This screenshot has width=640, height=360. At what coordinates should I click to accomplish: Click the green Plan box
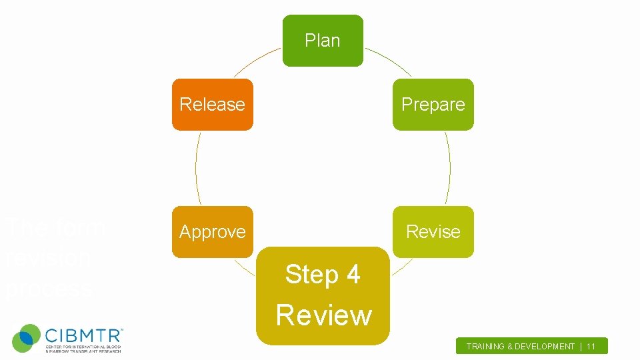point(323,41)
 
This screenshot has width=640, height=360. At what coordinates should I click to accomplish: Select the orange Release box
point(213,105)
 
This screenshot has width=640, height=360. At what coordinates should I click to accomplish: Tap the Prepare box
point(433,105)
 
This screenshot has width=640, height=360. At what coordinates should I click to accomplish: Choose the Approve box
point(213,231)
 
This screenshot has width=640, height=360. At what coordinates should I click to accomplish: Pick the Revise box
point(433,231)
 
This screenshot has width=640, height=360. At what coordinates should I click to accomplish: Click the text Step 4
point(323,274)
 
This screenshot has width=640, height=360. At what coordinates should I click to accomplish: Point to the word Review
point(323,315)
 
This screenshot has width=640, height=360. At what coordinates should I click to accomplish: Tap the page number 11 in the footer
point(591,347)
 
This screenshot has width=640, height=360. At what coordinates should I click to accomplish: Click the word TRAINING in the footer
point(486,347)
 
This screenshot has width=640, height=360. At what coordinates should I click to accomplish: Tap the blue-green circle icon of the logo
point(26,338)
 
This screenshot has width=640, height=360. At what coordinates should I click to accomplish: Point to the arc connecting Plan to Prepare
point(389,59)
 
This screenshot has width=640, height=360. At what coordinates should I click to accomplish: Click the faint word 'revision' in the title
point(48,257)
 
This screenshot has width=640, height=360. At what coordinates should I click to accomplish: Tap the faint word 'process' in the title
point(49,289)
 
